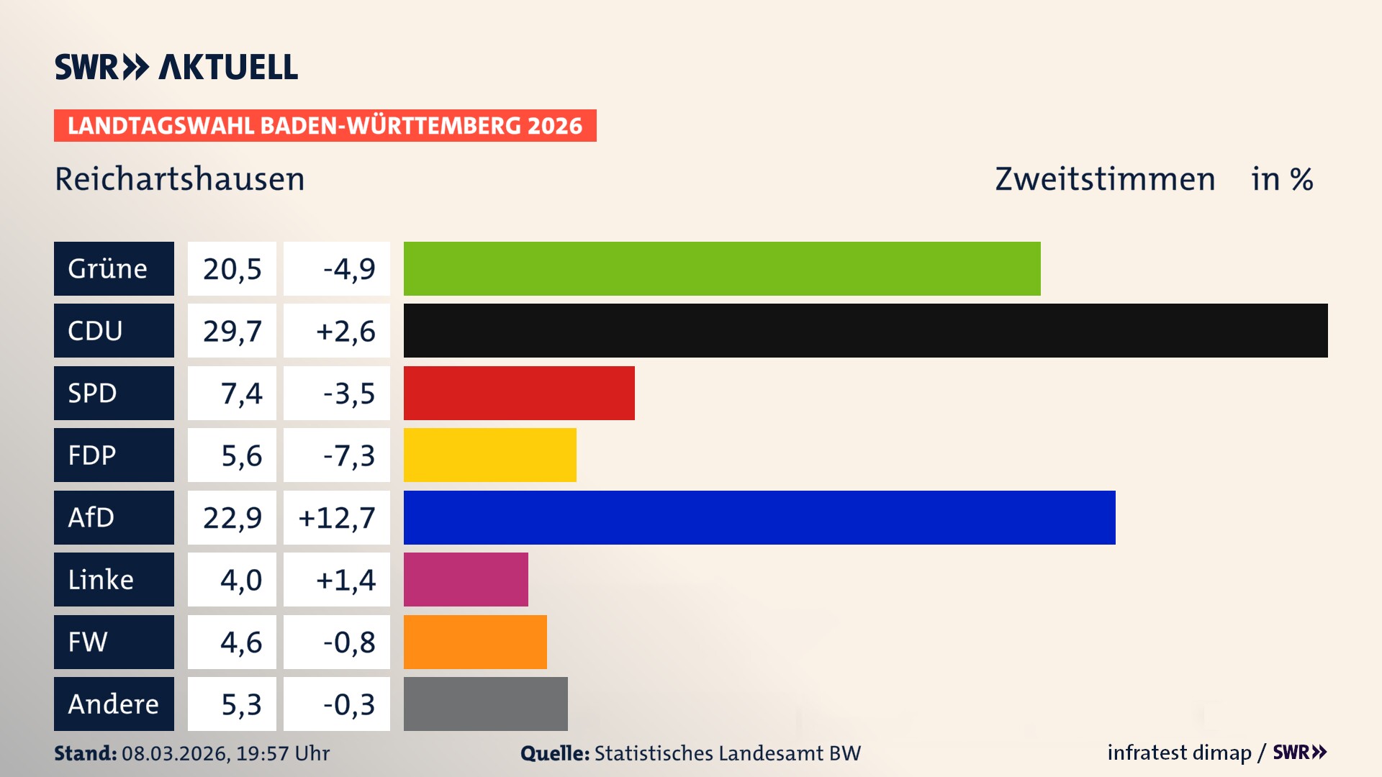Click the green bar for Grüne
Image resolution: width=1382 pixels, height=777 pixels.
coord(722,268)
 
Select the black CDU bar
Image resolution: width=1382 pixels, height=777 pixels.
coord(865,330)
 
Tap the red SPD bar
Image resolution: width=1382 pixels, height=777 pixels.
coord(519,393)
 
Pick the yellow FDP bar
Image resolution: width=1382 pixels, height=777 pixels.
coord(489,455)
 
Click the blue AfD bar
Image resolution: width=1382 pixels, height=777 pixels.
coord(759,517)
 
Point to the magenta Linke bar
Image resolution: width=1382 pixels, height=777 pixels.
coord(466,579)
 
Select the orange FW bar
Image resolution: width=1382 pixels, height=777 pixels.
coord(475,642)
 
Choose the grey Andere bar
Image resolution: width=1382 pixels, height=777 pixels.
coord(485,704)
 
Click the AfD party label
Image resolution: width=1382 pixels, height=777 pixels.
coord(114,517)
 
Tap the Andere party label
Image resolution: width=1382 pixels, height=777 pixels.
coord(114,704)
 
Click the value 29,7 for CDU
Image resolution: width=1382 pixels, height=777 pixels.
coord(232,331)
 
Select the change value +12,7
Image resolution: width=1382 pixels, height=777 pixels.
coord(337,518)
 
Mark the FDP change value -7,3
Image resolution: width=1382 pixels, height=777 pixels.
coord(348,455)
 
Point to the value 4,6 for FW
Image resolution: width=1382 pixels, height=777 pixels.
coord(240,642)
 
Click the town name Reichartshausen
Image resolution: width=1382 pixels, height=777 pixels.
coord(180,179)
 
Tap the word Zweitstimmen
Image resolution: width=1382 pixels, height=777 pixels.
coord(1105,179)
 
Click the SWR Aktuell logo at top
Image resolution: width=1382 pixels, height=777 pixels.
coord(176,67)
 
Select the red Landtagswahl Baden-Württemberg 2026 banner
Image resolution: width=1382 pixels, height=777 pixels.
coord(325,125)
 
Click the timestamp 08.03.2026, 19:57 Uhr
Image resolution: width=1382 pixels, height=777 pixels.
coord(225,753)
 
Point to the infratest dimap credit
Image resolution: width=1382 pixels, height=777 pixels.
coord(1179,753)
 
